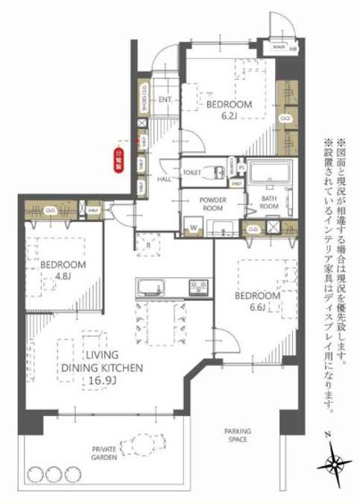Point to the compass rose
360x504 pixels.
pyautogui.click(x=335, y=463)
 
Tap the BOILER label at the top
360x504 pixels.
pyautogui.click(x=279, y=46)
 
